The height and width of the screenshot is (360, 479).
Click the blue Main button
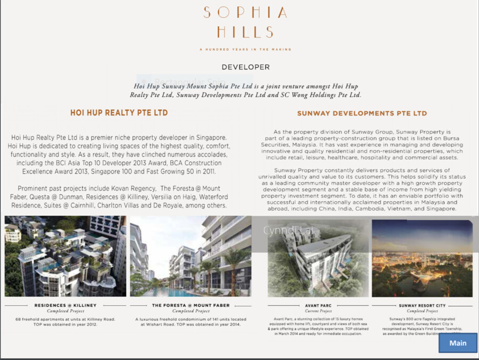click(458, 343)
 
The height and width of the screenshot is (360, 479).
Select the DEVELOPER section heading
click(245, 67)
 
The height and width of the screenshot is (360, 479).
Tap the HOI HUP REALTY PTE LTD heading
click(119, 113)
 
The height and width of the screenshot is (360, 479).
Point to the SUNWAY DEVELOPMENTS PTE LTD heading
click(362, 113)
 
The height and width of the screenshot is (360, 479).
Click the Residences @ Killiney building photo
click(65, 256)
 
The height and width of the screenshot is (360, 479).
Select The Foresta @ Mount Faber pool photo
click(190, 256)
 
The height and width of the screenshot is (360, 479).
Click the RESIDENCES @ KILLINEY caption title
click(65, 306)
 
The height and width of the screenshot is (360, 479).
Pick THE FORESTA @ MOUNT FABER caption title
click(190, 306)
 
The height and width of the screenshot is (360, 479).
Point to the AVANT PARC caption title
click(319, 306)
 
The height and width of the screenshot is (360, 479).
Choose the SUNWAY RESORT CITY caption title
click(422, 306)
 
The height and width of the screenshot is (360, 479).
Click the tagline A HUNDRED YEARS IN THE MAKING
click(245, 50)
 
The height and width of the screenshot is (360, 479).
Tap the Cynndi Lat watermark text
click(282, 231)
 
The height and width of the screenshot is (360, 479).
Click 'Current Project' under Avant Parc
click(319, 311)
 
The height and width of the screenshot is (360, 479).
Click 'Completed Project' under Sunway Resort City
click(422, 311)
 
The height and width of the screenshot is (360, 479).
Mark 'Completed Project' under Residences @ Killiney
click(65, 311)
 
